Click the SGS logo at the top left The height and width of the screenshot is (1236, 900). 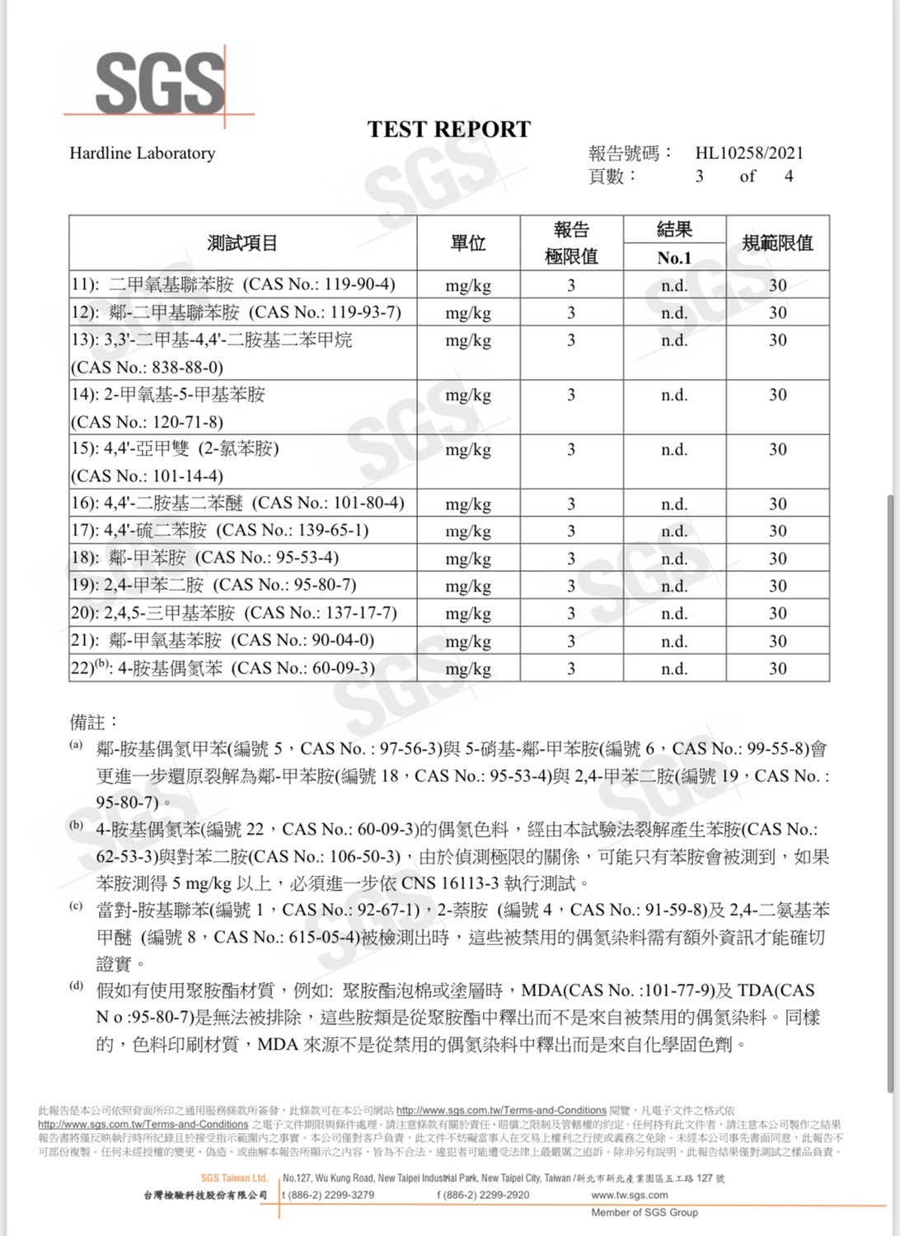(160, 82)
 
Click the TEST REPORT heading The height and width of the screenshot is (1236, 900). (449, 129)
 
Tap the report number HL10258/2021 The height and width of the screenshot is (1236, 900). (748, 152)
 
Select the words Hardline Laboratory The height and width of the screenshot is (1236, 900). (142, 153)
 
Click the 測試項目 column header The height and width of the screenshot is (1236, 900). (242, 243)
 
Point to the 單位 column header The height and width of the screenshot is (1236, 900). (468, 243)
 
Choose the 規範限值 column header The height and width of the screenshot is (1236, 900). (777, 243)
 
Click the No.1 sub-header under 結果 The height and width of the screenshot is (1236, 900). (674, 258)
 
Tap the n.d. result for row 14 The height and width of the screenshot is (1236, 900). (674, 395)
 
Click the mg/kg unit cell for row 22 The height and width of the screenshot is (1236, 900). (468, 668)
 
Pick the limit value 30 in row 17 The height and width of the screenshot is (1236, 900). (778, 531)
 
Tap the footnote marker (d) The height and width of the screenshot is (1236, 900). (76, 986)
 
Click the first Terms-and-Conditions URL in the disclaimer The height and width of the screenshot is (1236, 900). (501, 1110)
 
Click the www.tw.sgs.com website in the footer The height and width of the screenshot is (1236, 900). (630, 1195)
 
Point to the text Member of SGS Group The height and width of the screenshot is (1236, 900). (644, 1212)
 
